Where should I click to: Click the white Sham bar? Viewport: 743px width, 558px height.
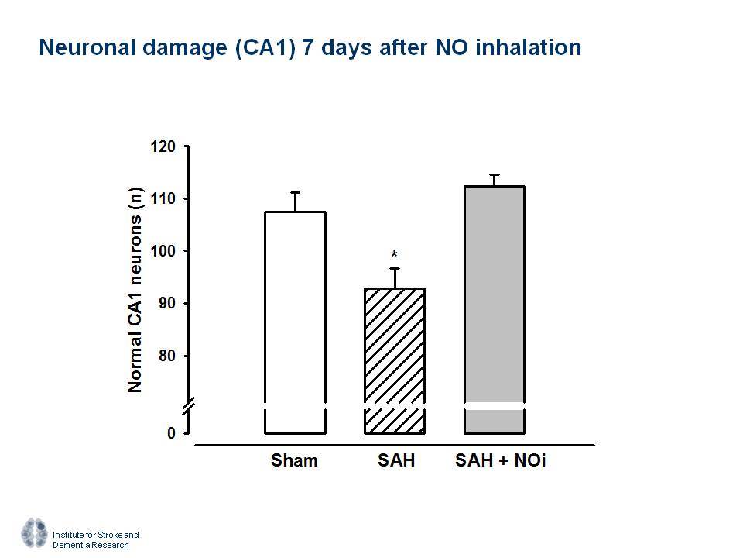(x=295, y=322)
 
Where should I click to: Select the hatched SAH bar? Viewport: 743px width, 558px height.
(x=395, y=360)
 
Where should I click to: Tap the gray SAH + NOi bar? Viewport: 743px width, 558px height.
(x=495, y=309)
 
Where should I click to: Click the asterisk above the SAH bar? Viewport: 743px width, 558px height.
(x=394, y=255)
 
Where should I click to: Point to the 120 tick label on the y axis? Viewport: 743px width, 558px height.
(x=163, y=146)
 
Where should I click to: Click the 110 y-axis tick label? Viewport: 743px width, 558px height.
(x=163, y=199)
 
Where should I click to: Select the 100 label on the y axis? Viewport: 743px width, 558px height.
(x=163, y=251)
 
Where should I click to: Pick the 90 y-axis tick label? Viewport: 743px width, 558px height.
(x=167, y=303)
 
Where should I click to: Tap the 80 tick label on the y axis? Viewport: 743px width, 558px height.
(x=167, y=356)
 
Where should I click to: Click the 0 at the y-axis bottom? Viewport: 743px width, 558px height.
(x=171, y=432)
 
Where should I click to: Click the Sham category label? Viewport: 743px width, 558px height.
(x=294, y=460)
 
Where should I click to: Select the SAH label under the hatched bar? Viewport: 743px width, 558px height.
(x=396, y=460)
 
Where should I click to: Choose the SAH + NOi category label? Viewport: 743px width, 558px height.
(x=501, y=460)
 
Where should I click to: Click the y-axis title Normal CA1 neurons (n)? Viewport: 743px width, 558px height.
(x=135, y=290)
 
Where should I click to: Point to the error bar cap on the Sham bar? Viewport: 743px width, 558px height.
(x=295, y=193)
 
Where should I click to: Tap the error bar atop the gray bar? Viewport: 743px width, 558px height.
(x=495, y=181)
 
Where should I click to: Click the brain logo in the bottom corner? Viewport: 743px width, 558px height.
(x=35, y=533)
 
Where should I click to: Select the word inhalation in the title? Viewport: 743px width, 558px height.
(x=529, y=47)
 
